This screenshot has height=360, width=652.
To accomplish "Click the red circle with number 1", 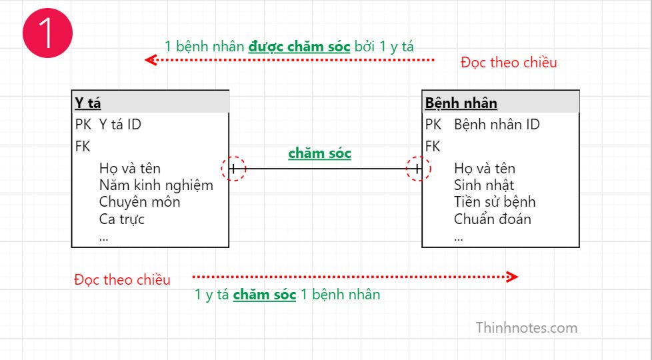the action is coord(47,33).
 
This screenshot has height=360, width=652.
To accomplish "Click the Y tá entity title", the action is coord(88,103).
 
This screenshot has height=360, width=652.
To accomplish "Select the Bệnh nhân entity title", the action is coord(461,103).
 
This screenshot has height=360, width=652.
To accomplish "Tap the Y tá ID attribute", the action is coord(120,124).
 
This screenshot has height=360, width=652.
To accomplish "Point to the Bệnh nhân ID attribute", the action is coord(497,124).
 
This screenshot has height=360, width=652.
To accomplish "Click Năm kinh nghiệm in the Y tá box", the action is coord(157,185).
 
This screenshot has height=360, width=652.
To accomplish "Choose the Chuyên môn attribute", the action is coord(140,202).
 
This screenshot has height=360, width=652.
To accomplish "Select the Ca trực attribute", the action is coord(122,219).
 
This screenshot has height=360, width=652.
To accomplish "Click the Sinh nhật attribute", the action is coord(484,185).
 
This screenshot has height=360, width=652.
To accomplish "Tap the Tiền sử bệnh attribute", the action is coord(495,201).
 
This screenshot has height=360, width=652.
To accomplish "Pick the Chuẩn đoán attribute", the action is coord(492,219).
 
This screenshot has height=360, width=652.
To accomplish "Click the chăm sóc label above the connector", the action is coord(320,153).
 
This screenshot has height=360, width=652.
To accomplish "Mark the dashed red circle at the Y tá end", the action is coord(234,157).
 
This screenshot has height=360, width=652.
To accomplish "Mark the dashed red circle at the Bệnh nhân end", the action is coord(418,157).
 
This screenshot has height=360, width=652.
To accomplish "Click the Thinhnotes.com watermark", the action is coord(527,327).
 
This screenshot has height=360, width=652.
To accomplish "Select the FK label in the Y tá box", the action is coord(83,146).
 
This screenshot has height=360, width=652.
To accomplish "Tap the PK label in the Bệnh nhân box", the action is coord(433,124).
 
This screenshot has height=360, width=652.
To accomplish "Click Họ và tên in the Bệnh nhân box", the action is coord(485,169).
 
